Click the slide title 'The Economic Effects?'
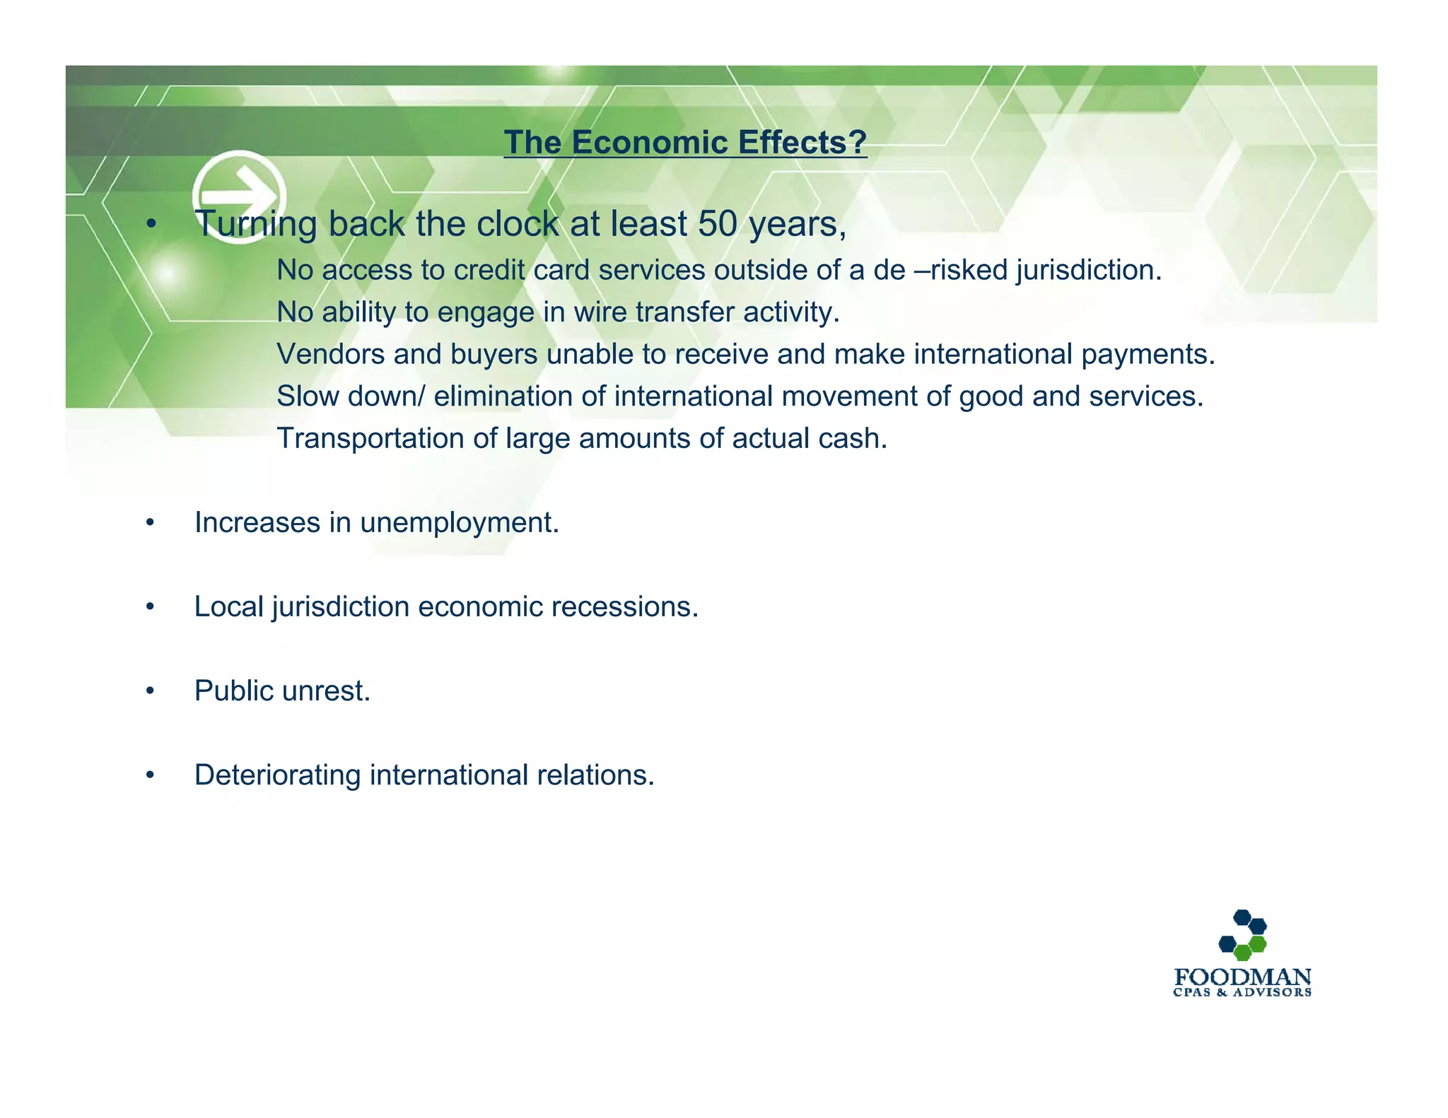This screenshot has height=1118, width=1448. [684, 142]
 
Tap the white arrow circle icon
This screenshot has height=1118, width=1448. [239, 196]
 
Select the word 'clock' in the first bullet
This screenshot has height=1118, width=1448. [518, 224]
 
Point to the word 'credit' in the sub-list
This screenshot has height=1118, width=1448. [489, 270]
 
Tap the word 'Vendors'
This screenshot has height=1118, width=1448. [330, 354]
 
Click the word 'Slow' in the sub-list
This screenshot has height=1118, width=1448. [308, 396]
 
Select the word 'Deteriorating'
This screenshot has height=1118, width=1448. [277, 775]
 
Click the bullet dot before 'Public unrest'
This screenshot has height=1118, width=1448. [150, 691]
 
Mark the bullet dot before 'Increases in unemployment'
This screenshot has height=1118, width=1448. [150, 523]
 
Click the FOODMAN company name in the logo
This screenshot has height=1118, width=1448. [1242, 977]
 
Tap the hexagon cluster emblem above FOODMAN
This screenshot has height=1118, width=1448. [1242, 934]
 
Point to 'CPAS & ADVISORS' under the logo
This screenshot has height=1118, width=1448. [1242, 993]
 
